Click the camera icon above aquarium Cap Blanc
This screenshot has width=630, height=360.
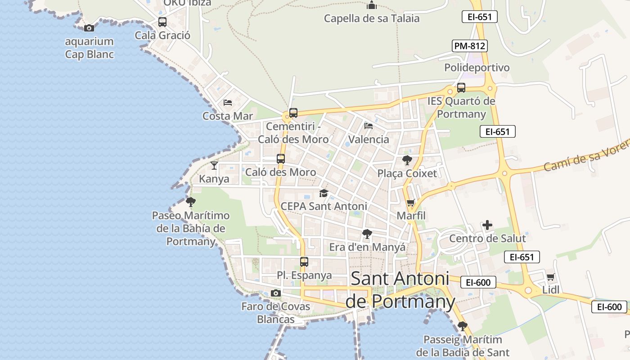click(89, 28)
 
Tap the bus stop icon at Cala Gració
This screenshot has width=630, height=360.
click(162, 22)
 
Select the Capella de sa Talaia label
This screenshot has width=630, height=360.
click(372, 18)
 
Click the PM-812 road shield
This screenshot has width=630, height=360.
click(470, 46)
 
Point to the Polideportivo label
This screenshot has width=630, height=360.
click(477, 67)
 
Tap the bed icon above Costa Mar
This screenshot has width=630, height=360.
click(228, 103)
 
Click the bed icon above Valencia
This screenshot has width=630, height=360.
click(369, 126)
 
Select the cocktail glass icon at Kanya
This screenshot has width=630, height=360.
click(214, 166)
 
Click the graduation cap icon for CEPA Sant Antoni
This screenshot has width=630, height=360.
click(324, 193)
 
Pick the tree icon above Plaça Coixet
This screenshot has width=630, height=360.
click(407, 160)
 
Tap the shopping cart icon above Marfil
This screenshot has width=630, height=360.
click(410, 203)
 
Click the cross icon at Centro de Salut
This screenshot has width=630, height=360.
click(487, 225)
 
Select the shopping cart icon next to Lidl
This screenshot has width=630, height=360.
click(550, 277)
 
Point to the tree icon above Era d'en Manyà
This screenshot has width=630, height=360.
click(367, 234)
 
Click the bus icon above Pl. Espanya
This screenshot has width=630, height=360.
click(304, 262)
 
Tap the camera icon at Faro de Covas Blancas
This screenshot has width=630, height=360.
click(276, 293)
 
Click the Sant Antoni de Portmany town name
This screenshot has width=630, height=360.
click(400, 290)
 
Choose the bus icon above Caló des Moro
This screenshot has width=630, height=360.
click(281, 159)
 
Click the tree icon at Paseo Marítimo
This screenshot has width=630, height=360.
click(191, 202)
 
